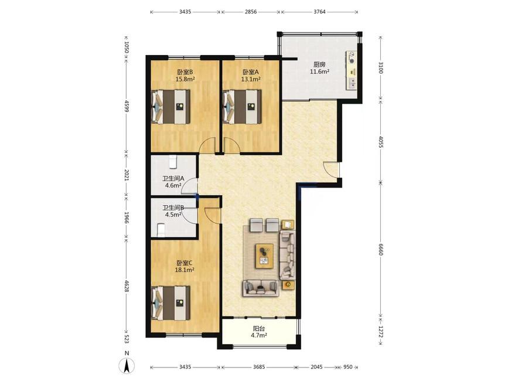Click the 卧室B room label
(185, 72)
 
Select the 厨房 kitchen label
(319, 64)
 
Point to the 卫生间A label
(173, 178)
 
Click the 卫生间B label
(173, 207)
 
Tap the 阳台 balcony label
(258, 328)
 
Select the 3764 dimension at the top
(319, 12)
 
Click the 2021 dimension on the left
(127, 175)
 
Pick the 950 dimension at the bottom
(347, 367)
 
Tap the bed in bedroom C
(171, 303)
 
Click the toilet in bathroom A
(173, 162)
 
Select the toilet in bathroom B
(161, 230)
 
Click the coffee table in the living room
(264, 256)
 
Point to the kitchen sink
(352, 84)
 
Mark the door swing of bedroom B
(207, 145)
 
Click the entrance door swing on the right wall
(331, 169)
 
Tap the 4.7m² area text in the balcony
(258, 335)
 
